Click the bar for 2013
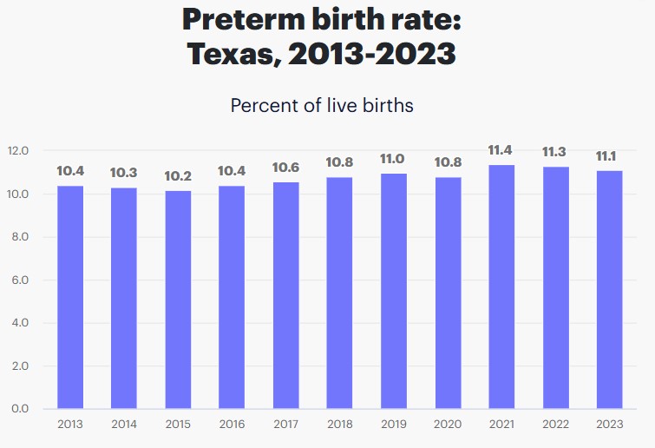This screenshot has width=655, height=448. (70, 297)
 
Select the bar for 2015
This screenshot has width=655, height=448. (178, 300)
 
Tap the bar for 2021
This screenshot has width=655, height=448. (501, 287)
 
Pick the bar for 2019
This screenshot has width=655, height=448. (393, 291)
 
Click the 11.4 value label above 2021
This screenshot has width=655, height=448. (501, 150)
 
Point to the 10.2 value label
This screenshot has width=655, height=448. (178, 176)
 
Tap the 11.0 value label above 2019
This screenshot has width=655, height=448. (393, 159)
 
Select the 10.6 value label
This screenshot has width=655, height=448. (285, 168)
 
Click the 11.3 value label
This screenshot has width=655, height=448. (554, 153)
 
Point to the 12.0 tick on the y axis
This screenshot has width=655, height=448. (18, 151)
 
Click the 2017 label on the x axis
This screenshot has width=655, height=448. (285, 425)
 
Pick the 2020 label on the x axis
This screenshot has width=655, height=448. (447, 425)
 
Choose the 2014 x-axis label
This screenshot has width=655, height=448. (124, 425)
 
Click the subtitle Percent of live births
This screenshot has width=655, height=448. (322, 106)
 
